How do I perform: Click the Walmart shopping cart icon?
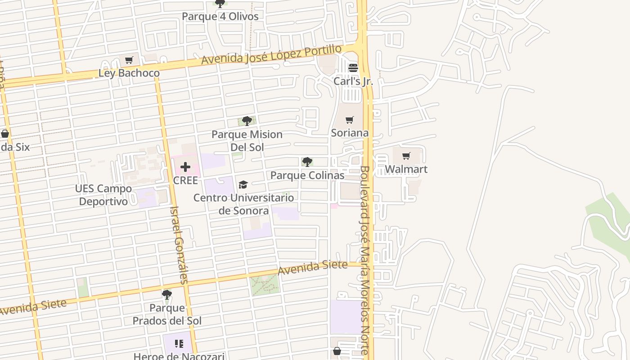(406, 156)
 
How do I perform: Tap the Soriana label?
(350, 133)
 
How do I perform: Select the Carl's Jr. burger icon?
(353, 68)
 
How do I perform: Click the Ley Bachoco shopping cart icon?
(129, 60)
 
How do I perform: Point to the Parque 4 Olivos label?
(220, 17)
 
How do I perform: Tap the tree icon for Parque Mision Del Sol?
(247, 121)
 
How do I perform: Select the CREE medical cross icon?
(185, 167)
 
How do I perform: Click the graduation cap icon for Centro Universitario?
(243, 184)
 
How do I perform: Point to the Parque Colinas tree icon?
(307, 162)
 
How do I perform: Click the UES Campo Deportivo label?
(103, 195)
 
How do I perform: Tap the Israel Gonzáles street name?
(179, 245)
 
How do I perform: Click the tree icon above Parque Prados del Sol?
(167, 295)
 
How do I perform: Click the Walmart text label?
(406, 169)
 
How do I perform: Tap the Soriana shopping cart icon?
(350, 120)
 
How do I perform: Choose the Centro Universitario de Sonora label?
(243, 204)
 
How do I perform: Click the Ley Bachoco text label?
(129, 73)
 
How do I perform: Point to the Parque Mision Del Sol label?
(247, 140)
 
